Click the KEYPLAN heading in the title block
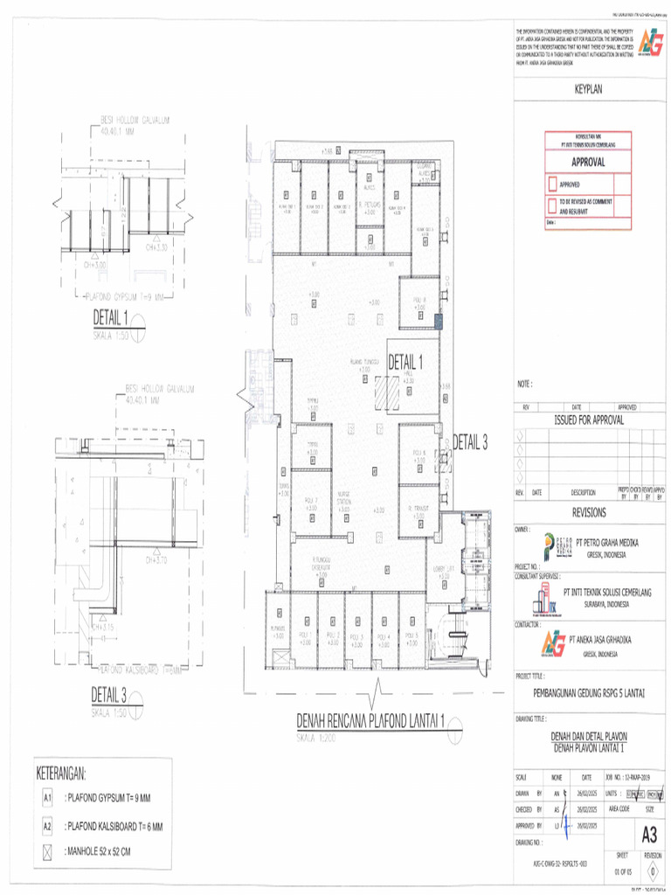coord(588,89)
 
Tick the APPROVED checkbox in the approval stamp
coord(552,184)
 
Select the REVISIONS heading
coord(589,513)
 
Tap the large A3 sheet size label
coord(649,831)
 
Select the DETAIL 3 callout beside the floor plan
coord(469,443)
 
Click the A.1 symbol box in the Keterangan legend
coord(49,798)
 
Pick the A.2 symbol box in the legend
coord(49,826)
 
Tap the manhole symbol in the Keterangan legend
coord(49,851)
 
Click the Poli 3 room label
coord(356,636)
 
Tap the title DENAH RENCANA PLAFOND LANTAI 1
coord(371,721)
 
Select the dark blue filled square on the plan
coord(439,322)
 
